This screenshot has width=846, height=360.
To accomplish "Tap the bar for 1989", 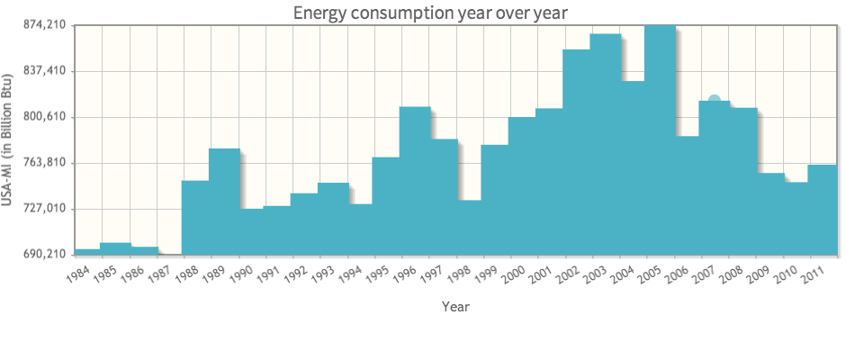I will coord(224,202).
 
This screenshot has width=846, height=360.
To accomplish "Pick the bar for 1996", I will coord(415,180).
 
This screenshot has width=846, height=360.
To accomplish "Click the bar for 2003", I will coord(605,144).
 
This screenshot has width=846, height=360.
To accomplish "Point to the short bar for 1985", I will coord(115,248).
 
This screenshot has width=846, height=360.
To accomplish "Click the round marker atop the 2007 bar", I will coord(714,101).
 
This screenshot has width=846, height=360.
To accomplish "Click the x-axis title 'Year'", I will coord(455,307).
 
